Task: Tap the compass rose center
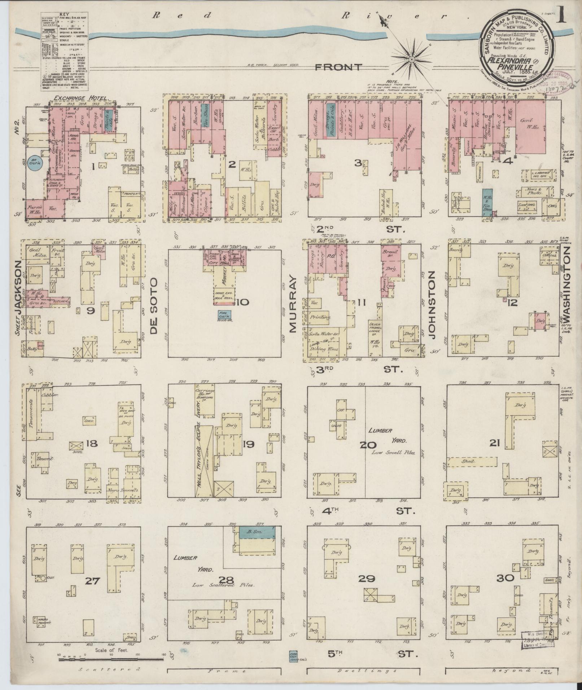click(x=411, y=59)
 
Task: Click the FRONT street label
click(x=338, y=67)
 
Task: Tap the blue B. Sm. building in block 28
click(x=257, y=532)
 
